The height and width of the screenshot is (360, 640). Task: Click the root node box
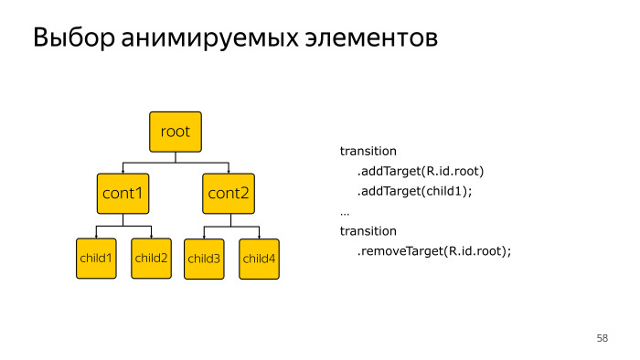tap(175, 132)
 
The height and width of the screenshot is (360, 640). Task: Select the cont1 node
tap(123, 193)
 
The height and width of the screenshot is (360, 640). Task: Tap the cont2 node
tap(229, 193)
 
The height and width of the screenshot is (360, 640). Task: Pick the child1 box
tap(96, 259)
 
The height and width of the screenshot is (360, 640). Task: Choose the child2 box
tap(151, 259)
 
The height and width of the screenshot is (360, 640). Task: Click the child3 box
tap(204, 259)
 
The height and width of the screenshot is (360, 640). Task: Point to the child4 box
tap(259, 259)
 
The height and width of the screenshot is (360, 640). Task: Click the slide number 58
tap(602, 339)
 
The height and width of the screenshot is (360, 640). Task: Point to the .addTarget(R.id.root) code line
tap(420, 171)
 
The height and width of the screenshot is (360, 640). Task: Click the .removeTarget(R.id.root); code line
tap(433, 251)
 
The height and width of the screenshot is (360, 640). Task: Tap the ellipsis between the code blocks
tap(345, 212)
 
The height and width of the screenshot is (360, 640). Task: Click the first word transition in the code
tap(368, 151)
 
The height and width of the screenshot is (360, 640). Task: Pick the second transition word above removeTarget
tap(368, 231)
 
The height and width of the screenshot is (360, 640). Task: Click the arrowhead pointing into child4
tap(259, 235)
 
